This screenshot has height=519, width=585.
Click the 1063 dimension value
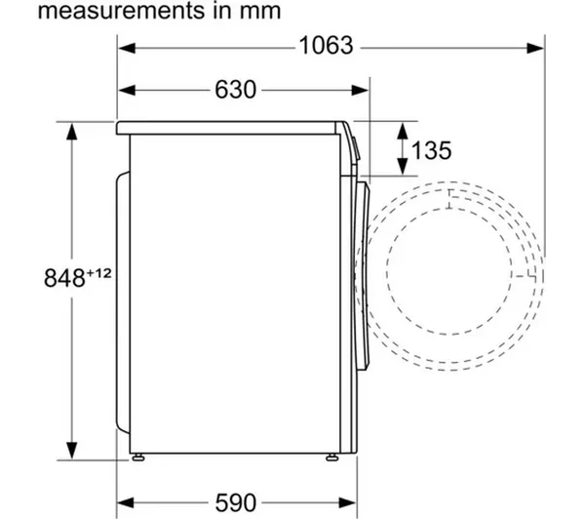(x=326, y=46)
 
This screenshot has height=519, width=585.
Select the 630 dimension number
(x=235, y=90)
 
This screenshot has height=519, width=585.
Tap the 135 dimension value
(x=431, y=150)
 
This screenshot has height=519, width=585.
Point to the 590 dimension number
(x=236, y=502)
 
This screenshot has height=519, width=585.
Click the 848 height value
(x=64, y=278)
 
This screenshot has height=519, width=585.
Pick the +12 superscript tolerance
(x=98, y=273)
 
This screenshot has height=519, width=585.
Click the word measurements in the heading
(x=122, y=11)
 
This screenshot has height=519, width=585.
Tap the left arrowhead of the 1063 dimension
(x=127, y=48)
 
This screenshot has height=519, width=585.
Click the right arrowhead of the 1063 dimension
(x=535, y=48)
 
